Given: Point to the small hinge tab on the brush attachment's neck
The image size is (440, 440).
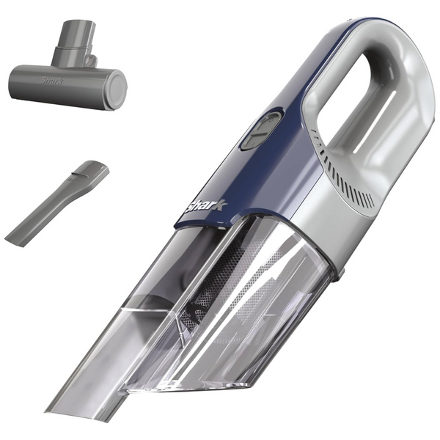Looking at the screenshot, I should click(91, 59).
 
